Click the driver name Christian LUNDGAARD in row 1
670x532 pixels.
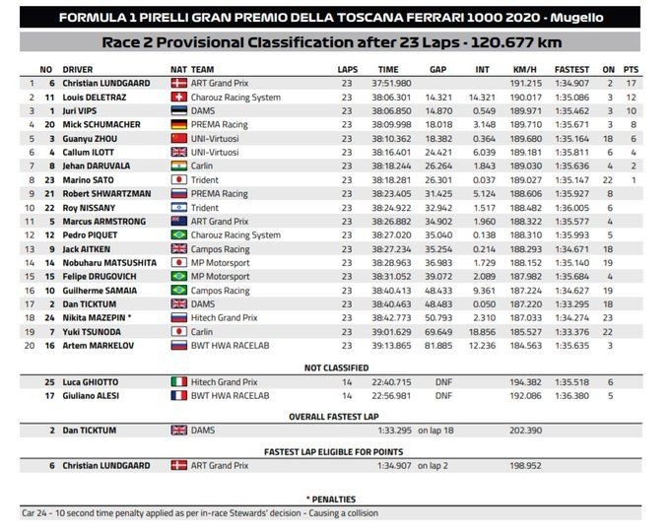(x=106, y=84)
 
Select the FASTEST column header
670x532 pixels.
(x=571, y=70)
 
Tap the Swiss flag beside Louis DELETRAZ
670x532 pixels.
(x=178, y=98)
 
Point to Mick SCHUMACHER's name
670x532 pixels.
(x=100, y=125)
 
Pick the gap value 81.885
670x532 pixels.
(x=438, y=346)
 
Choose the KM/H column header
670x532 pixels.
(x=523, y=70)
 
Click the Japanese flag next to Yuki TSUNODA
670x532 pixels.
(x=178, y=332)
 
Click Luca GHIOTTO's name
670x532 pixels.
(x=92, y=381)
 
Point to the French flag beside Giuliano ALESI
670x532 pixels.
(x=178, y=395)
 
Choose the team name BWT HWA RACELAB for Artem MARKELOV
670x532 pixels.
(x=232, y=346)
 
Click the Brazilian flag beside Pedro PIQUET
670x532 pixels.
(x=178, y=235)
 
